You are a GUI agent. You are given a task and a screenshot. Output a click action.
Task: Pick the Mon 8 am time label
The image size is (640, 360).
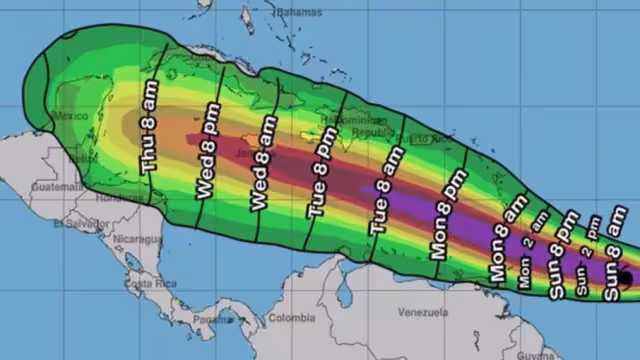504,245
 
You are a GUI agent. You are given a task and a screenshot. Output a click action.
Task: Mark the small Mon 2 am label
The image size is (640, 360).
528,259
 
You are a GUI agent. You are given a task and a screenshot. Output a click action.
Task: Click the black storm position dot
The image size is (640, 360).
625,278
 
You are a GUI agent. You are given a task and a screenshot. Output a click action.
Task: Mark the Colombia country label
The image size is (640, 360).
290,320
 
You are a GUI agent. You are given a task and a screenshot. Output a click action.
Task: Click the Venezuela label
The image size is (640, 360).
420,312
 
